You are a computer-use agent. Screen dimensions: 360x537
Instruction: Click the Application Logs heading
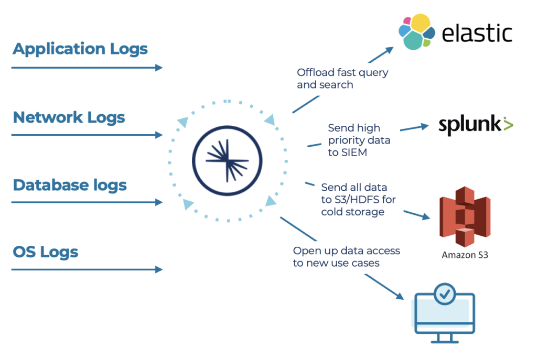point(80,49)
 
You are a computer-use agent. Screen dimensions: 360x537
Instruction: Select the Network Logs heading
point(69,117)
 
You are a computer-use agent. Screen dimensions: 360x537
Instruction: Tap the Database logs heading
point(70,185)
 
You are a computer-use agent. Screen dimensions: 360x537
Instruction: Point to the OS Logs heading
point(46,252)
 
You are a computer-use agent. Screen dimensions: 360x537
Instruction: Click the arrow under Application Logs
point(87,68)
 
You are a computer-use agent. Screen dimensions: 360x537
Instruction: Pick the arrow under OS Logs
point(87,269)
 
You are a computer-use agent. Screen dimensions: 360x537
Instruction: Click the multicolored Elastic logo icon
point(416,32)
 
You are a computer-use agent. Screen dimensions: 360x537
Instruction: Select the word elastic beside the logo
point(477,34)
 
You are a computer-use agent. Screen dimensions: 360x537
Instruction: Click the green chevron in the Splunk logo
point(508,125)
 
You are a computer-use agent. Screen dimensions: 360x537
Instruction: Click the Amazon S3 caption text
point(465,255)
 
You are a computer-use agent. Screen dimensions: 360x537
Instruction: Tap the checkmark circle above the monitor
point(445,294)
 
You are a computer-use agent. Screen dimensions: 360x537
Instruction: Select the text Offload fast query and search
point(342,78)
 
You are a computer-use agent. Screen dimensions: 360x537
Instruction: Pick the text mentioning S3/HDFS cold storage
point(354,200)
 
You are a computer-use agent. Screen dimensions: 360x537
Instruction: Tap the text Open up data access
point(346,251)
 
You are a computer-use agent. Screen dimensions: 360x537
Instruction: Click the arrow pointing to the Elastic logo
point(343,79)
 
